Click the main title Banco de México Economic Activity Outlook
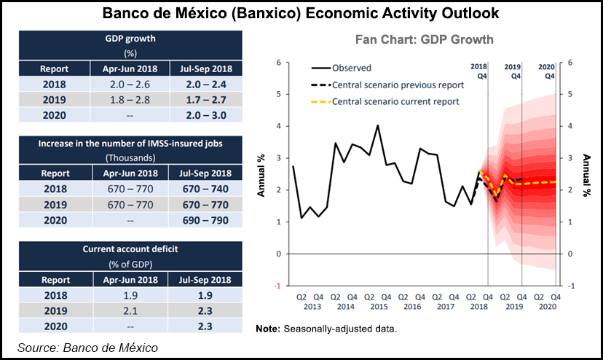(301, 13)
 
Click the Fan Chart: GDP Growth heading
(424, 39)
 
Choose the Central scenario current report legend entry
(406, 101)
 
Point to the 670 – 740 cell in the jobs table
(200, 187)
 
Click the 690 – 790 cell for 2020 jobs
(200, 219)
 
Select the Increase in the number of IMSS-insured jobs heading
(128, 142)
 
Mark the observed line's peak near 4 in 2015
(377, 125)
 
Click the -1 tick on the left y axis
(277, 286)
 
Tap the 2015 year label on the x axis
(377, 307)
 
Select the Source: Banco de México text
(87, 348)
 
